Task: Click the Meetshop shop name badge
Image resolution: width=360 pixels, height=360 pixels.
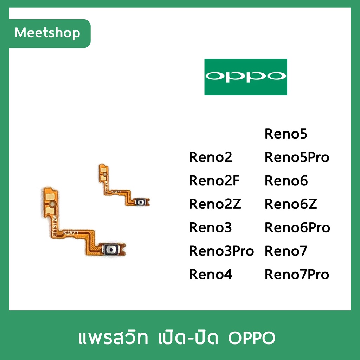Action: point(50,33)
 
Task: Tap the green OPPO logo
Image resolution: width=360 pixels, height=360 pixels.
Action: point(246,77)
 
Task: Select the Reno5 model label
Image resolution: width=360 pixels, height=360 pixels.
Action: point(286,134)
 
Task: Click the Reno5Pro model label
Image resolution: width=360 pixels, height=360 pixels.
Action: point(297,157)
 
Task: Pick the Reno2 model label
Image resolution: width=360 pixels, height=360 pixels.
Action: point(211,157)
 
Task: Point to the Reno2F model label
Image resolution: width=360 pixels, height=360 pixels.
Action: point(214,181)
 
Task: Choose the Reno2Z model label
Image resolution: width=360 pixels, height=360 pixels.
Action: point(215,204)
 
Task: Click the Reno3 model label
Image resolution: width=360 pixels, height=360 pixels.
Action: point(210,227)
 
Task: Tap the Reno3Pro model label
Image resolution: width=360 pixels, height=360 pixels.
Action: point(221,251)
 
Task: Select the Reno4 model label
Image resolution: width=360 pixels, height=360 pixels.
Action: point(211,274)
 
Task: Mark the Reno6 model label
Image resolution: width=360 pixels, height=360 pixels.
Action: point(286,181)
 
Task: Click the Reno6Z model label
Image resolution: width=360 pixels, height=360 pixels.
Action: point(291,204)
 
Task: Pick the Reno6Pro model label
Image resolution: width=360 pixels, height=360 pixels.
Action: point(297,227)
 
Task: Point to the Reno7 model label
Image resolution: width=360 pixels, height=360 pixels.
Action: point(286,251)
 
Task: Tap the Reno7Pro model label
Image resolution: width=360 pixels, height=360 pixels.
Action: point(297,274)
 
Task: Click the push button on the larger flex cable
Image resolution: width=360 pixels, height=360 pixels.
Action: point(111,249)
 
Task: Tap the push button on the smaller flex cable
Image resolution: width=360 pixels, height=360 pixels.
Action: point(141,202)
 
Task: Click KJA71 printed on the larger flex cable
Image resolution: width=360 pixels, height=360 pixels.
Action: point(71,233)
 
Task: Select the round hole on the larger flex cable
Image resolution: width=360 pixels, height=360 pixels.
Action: point(52,204)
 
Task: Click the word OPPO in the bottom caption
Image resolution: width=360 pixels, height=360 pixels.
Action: point(252,338)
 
